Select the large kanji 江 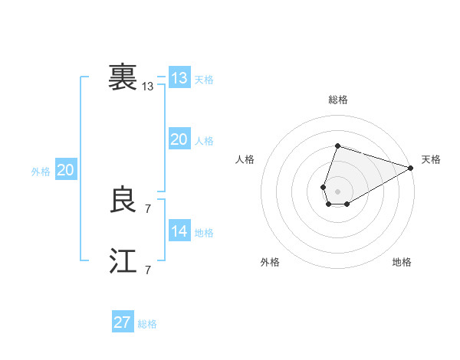click(x=123, y=261)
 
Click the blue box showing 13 click(x=179, y=78)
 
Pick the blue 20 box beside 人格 click(x=179, y=139)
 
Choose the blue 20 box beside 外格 click(x=65, y=170)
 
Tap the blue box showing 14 click(x=179, y=231)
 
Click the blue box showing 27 click(x=122, y=322)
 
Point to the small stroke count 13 click(x=148, y=87)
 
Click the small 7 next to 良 click(x=148, y=208)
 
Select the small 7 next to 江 click(x=148, y=270)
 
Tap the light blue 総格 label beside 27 click(x=147, y=324)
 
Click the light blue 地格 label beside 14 click(x=204, y=233)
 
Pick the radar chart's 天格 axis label click(x=431, y=159)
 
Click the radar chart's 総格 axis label click(x=337, y=100)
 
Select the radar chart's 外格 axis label click(x=270, y=262)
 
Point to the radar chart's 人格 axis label click(x=245, y=159)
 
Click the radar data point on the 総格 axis click(x=337, y=146)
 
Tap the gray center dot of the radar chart click(x=337, y=190)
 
